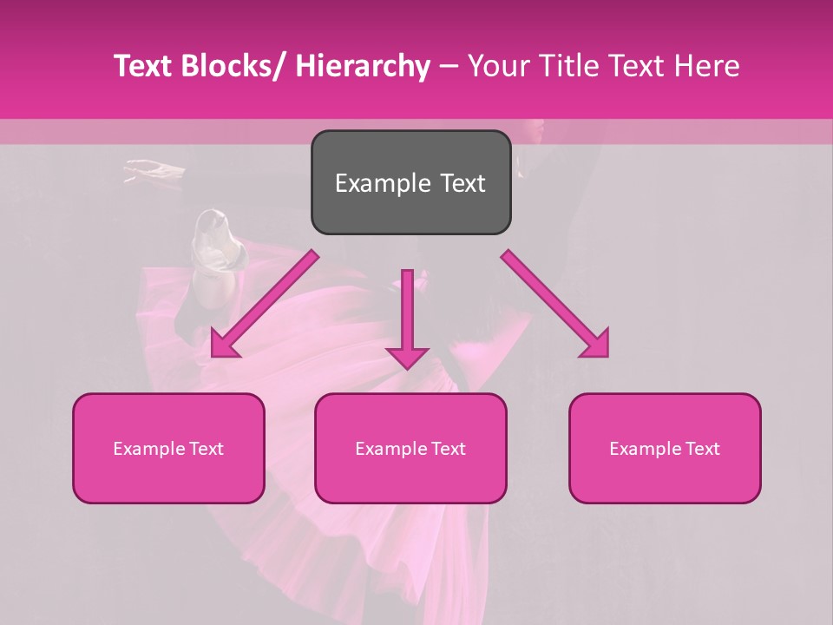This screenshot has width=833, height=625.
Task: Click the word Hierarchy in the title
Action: point(363,66)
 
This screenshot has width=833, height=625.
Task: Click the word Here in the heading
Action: point(707,66)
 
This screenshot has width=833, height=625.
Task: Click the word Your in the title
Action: point(498,66)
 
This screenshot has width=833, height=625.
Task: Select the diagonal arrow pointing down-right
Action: point(555,304)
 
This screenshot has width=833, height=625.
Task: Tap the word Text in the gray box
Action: point(462,184)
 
